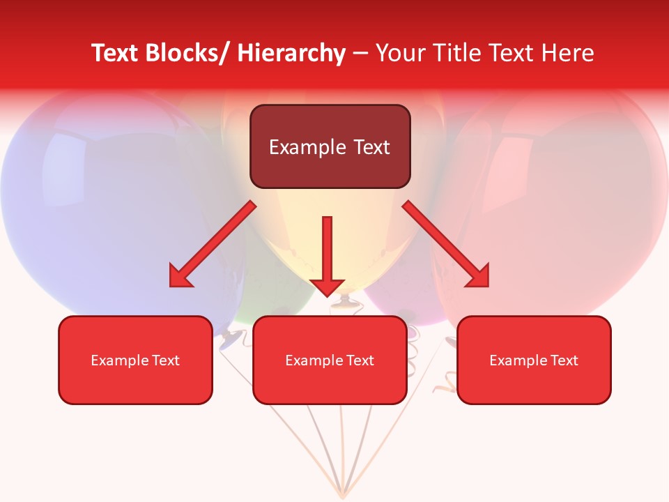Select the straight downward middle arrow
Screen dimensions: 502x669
[328, 254]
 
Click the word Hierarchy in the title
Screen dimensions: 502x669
[291, 54]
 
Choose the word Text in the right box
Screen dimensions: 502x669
[563, 360]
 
